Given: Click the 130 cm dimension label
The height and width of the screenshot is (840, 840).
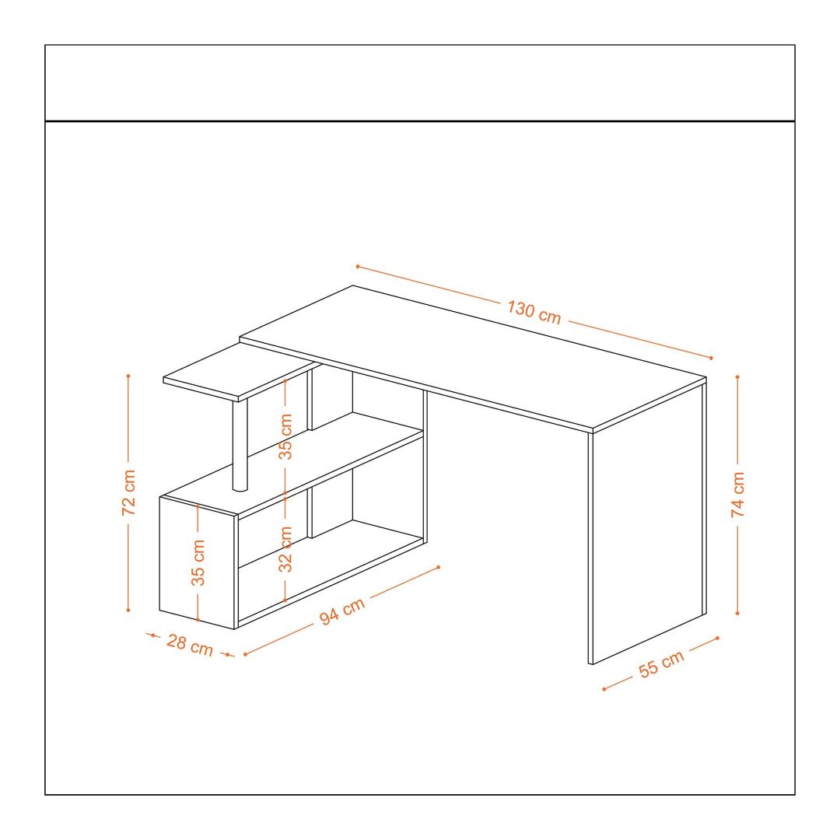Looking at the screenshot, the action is coord(534,313).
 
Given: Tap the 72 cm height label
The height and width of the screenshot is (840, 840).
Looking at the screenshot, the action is coord(129,492).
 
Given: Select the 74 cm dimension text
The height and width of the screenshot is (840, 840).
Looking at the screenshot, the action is coord(737,494).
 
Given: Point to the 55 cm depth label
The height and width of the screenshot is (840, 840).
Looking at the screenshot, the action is coord(662,663).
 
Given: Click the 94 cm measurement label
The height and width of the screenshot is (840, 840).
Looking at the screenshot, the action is coord(342,611).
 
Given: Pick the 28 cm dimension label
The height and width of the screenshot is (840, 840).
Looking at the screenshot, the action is coord(190,645).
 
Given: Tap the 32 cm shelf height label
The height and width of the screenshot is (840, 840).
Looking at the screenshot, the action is coord(285,548).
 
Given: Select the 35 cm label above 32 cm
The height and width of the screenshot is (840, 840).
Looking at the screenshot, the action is coord(285,436).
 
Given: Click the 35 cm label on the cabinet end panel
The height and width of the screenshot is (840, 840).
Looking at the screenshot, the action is coord(198,562).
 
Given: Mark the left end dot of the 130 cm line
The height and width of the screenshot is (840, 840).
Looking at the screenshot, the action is coord(357,266).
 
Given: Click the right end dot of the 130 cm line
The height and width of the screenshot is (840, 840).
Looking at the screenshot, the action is coord(711,358).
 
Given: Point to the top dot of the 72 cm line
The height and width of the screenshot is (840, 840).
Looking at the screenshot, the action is coord(128,376).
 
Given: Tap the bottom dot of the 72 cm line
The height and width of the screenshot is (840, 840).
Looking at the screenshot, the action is coord(128,611).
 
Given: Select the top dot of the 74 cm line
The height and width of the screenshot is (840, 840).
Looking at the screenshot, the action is coord(737,377).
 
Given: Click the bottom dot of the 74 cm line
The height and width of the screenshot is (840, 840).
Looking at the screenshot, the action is coord(737,614).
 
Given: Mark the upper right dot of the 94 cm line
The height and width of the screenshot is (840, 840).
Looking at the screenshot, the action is coord(439,567).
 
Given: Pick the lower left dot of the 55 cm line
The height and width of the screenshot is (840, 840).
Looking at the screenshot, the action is coord(604,689).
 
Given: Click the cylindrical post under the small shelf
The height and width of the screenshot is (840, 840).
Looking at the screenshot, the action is coord(240,445).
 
